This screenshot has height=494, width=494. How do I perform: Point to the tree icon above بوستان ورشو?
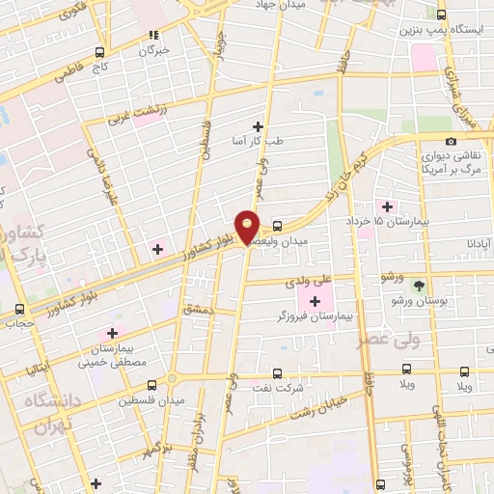[419, 285]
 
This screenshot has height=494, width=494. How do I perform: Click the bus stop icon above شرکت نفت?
[278, 370]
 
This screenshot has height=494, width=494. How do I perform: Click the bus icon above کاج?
[99, 53]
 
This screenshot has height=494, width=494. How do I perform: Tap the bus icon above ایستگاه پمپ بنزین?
[442, 14]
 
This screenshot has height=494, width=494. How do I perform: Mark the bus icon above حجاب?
[20, 311]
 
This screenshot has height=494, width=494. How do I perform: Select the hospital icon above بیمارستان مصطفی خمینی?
[113, 333]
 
